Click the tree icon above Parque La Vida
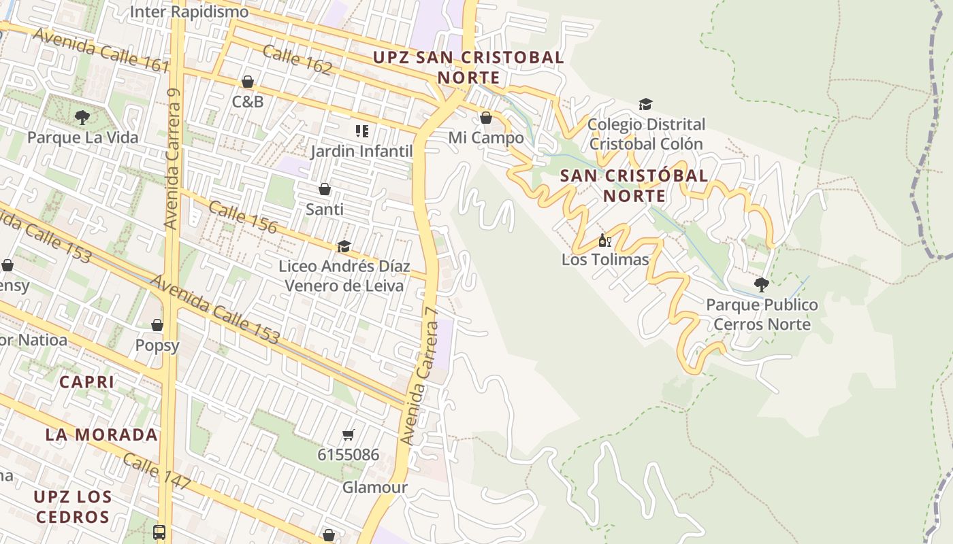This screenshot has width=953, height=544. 82,118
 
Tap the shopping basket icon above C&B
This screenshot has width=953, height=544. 248,82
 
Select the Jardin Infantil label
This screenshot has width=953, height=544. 361,151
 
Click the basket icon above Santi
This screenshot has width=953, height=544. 325,189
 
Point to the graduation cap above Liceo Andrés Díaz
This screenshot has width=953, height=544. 344,246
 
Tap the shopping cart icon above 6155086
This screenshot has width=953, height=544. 349,435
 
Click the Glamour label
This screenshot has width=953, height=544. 374,488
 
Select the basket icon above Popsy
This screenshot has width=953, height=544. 157,325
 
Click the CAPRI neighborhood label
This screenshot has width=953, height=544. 86,382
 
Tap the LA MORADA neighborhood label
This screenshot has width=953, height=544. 101,435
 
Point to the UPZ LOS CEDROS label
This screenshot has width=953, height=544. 73,507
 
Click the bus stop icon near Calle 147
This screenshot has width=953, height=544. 159,532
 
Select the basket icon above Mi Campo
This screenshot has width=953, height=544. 486,118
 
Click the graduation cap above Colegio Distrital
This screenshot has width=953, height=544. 645,104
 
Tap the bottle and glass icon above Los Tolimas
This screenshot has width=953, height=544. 604,240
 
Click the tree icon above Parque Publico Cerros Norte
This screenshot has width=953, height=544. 761,285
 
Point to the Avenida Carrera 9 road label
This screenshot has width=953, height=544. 174,160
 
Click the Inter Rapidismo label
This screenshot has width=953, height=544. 189,12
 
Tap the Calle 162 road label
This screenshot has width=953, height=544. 297,60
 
